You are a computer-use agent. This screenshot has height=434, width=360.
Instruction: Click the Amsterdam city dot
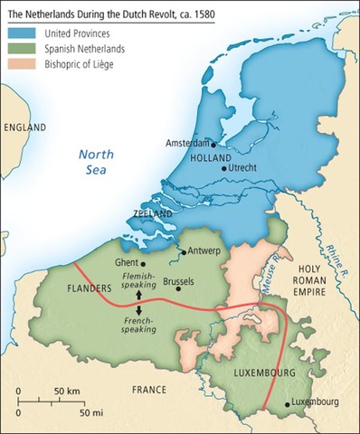pos(213,144)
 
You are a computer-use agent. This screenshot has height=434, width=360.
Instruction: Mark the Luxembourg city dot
pos(287,405)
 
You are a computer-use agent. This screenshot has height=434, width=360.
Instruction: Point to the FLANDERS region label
pos(90,289)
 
